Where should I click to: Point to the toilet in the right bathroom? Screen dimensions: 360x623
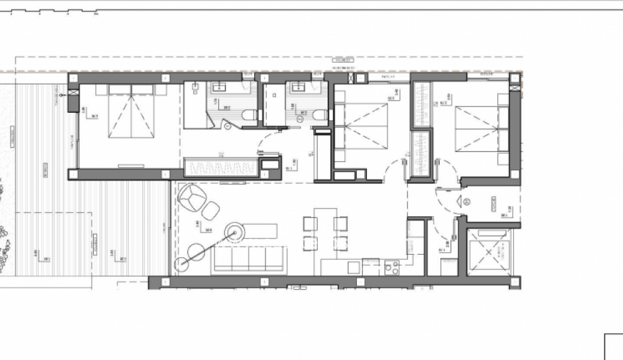pos(318,115)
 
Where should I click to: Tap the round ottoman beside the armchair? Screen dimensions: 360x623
pos(211,211)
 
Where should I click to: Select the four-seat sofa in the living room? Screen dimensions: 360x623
pos(249,260)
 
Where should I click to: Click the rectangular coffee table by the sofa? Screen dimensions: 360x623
pos(260,232)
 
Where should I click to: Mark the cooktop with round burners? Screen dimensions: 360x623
pos(392,268)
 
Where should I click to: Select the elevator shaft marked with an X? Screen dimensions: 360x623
pos(490,252)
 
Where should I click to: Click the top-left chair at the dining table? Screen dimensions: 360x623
pos(309,223)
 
